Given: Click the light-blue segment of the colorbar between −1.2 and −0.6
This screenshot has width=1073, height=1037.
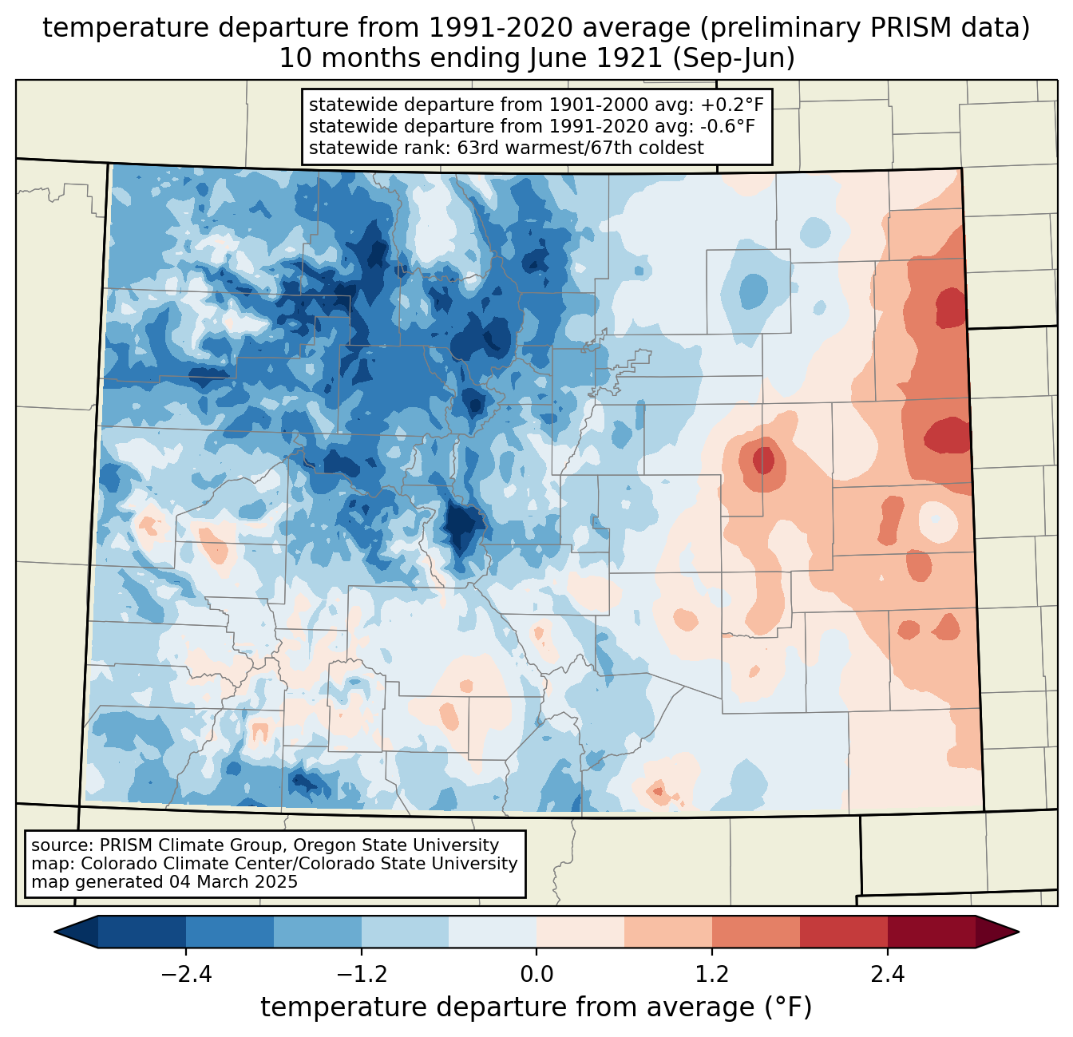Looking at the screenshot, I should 405,932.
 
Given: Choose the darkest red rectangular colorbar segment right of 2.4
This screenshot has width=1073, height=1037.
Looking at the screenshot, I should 931,932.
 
